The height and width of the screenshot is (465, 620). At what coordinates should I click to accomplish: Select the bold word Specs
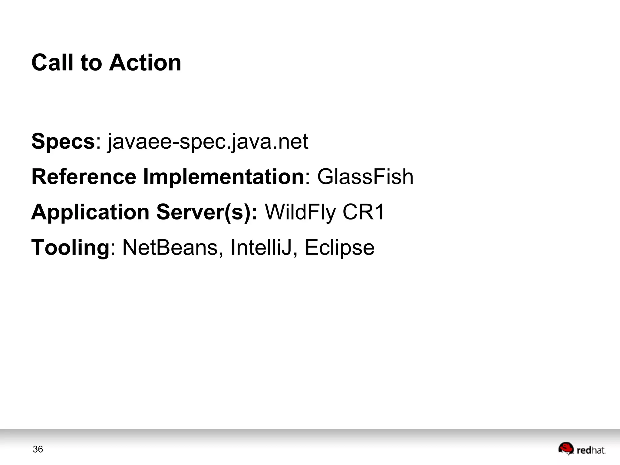point(63,141)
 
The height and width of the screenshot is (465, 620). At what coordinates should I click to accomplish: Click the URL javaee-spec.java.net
point(208,141)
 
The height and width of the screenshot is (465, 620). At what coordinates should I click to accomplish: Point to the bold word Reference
point(84,177)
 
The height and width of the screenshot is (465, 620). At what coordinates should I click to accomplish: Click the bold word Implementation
point(223,177)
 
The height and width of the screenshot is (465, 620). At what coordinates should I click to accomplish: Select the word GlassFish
point(365,177)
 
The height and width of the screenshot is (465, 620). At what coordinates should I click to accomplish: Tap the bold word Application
point(90,212)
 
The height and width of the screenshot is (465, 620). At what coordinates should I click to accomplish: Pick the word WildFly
point(300,212)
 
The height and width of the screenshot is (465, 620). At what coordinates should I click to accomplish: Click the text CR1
point(363,212)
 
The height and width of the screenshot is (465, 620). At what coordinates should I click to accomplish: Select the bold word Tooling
point(70,248)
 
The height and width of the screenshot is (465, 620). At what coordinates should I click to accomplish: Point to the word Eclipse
point(339,248)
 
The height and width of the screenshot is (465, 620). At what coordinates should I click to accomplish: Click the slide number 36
point(38,449)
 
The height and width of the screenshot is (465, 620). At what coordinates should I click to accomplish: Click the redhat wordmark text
point(591,450)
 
